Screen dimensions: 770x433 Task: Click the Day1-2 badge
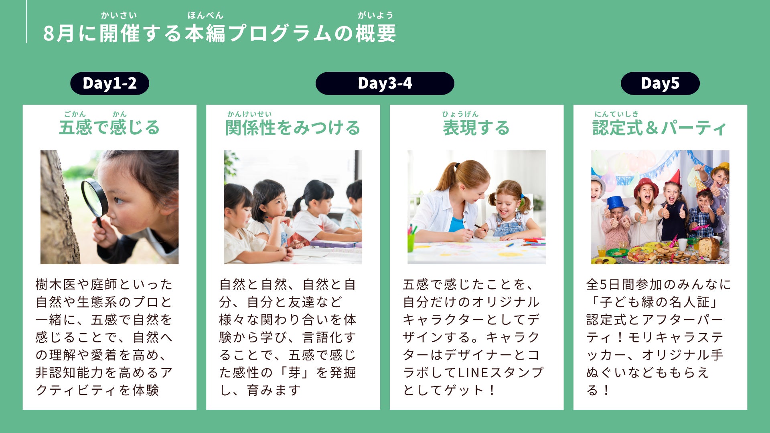109,83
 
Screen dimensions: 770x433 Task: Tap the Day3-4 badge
385,83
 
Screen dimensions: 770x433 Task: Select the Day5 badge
660,83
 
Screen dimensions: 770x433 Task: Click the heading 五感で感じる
109,127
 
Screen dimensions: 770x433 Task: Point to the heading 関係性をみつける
293,127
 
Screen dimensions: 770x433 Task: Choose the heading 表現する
476,127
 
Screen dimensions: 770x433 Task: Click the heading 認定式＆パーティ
660,128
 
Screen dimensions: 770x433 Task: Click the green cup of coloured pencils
411,241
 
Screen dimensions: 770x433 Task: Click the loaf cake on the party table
709,248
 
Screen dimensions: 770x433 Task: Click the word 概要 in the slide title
376,33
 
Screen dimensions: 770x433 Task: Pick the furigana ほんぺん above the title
205,15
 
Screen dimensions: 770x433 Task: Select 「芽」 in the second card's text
294,372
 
